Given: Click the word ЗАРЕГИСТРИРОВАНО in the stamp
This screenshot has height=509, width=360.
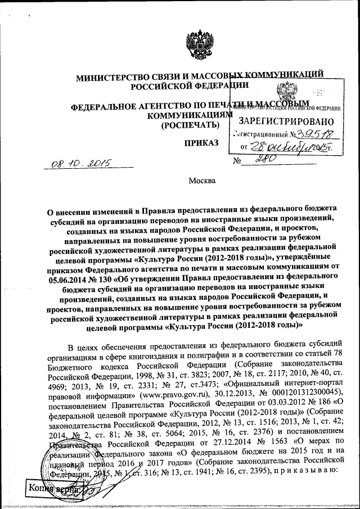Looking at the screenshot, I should pos(286,121).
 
